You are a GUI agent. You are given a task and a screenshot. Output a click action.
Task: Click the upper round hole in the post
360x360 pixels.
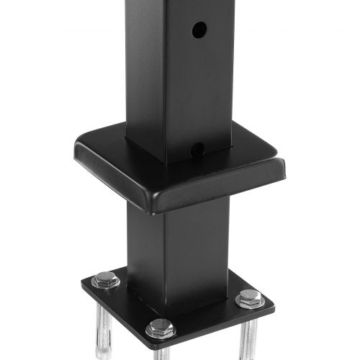click(199, 30)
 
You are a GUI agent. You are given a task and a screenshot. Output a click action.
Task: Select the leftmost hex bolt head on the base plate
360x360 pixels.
click(105, 279)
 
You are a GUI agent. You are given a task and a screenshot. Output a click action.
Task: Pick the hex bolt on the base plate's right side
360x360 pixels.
click(250, 297)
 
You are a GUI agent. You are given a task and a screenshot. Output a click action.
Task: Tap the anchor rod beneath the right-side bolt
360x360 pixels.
click(249, 335)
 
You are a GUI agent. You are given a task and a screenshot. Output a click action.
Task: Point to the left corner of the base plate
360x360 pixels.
click(84, 282)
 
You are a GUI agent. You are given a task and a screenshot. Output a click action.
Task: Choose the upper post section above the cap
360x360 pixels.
click(180, 72)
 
